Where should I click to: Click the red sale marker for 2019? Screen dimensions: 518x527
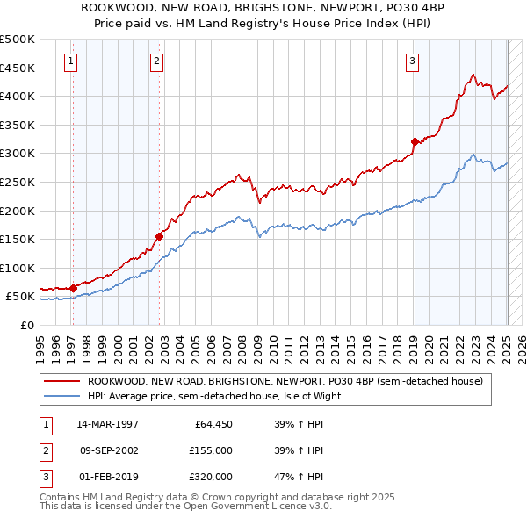coord(415,140)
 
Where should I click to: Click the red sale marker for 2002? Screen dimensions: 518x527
coord(160,235)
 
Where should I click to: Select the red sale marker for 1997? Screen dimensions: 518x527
coord(74,287)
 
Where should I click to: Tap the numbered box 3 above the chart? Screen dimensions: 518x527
coord(412,61)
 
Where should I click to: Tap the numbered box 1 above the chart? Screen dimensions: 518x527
coord(70,61)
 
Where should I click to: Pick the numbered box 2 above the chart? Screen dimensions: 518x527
coord(156,61)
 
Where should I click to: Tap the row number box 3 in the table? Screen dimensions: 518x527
coord(45,477)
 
